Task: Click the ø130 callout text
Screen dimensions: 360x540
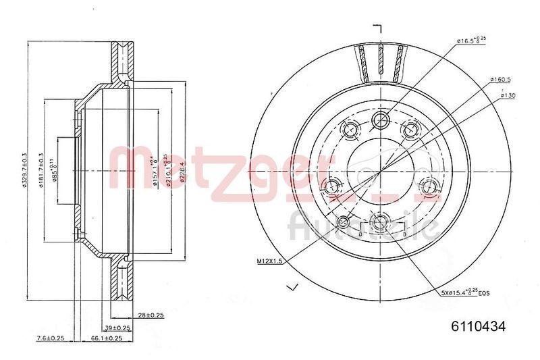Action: coord(508,95)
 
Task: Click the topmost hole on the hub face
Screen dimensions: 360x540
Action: coord(381,120)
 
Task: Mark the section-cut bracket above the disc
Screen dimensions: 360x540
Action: coord(378,28)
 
